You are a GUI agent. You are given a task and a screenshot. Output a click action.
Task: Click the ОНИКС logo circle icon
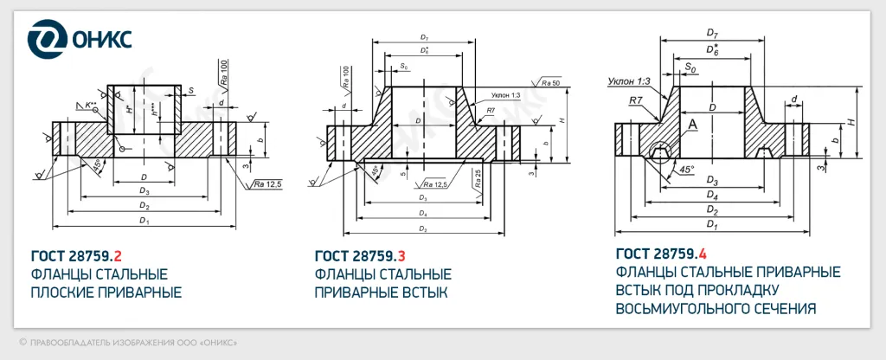[44, 40]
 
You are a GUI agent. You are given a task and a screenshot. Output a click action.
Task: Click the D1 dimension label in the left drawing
[144, 222]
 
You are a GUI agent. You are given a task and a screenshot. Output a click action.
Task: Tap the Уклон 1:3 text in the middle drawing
[505, 95]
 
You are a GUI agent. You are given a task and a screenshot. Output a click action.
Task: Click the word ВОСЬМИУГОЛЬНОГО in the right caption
[684, 308]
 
